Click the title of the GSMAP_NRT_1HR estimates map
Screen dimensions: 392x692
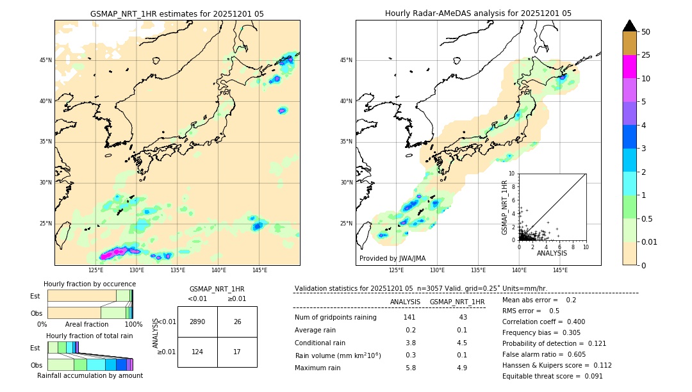pos(177,13)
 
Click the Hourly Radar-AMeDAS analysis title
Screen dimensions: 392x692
pos(478,13)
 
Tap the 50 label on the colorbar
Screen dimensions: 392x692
pos(646,32)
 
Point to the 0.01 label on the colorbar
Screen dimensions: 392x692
pos(650,241)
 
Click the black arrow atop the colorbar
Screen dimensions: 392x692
pos(630,26)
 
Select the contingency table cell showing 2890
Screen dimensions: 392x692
pos(197,322)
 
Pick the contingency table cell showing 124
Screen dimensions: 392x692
pos(197,352)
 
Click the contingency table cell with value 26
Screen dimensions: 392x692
pos(237,322)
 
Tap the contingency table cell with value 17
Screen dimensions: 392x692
pos(237,352)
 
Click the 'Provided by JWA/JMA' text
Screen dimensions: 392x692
pos(392,258)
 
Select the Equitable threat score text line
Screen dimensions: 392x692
pos(552,376)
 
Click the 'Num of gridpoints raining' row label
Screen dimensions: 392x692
pos(336,317)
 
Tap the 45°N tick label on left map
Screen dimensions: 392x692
pos(45,60)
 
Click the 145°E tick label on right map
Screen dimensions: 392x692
pos(560,270)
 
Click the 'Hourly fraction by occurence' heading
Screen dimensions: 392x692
pos(90,284)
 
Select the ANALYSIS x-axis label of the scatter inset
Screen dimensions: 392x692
pos(552,253)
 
